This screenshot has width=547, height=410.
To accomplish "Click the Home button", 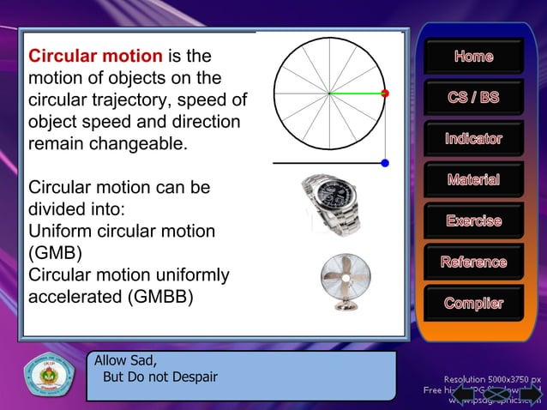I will click(x=473, y=57).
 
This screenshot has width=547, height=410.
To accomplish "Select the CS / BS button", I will click(x=473, y=98).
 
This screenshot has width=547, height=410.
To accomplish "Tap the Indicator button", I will click(x=473, y=139).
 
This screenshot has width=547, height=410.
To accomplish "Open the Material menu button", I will click(x=473, y=180).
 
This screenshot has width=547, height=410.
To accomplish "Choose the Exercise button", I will click(x=473, y=221).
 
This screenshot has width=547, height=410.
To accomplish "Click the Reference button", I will click(x=473, y=262).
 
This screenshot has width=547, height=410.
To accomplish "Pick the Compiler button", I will click(x=473, y=304).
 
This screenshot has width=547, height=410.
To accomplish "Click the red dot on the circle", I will click(x=385, y=93).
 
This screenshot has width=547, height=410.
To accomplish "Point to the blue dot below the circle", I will click(x=385, y=162).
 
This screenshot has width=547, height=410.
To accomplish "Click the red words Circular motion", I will click(x=95, y=57).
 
